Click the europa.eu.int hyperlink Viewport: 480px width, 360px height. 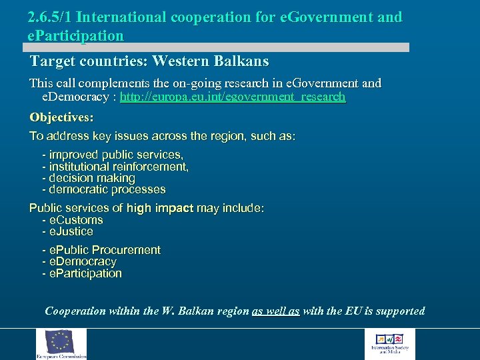(x=233, y=97)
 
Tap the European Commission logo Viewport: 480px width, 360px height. (x=61, y=344)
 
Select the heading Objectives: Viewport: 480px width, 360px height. (x=61, y=117)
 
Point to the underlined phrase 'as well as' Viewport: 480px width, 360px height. (x=276, y=311)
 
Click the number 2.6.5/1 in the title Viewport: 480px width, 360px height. (x=49, y=17)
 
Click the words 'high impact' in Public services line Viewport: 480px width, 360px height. (x=160, y=208)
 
